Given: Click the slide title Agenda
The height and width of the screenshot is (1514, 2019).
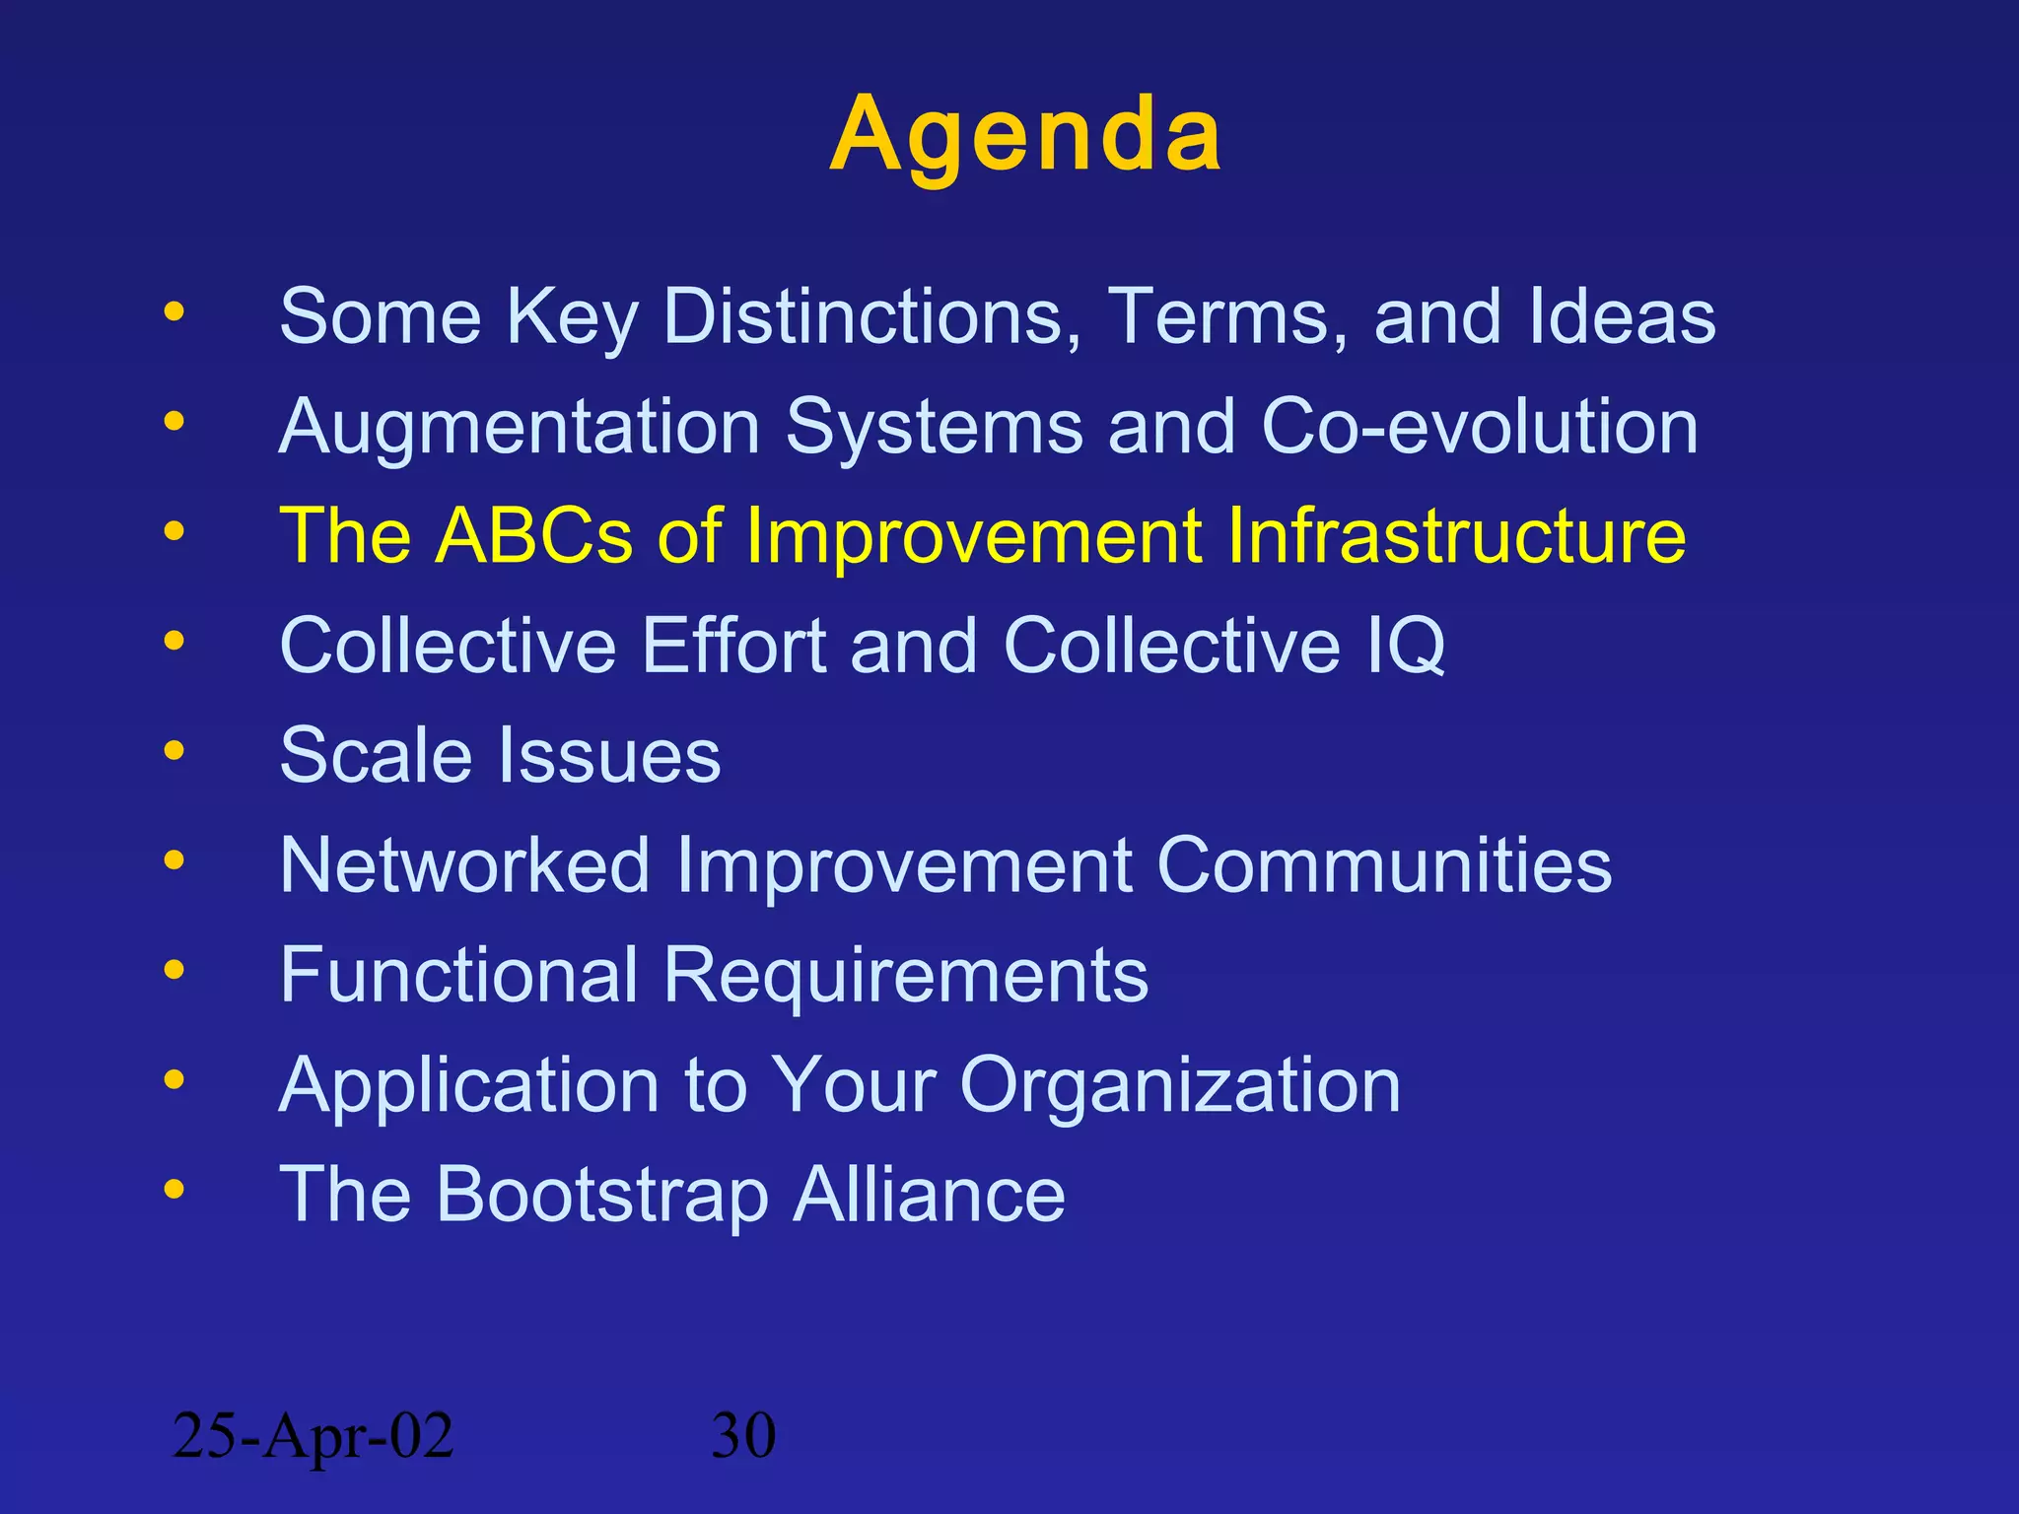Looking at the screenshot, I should point(1025,135).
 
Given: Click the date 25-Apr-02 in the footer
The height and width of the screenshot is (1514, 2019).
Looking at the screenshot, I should point(313,1435).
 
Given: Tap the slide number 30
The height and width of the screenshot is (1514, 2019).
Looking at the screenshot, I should point(743,1435).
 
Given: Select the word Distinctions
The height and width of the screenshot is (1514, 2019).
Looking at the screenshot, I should point(871,316).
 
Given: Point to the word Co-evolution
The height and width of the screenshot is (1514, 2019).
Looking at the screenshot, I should point(1479,427).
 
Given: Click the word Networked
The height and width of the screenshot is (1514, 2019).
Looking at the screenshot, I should point(464,865).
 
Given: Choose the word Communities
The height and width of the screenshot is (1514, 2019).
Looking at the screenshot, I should point(1383,865).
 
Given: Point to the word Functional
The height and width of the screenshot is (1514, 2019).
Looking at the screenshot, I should point(458,975).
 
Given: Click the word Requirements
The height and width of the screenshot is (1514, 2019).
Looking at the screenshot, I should point(905,975).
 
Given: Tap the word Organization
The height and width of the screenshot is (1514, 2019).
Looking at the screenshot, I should point(1179,1085).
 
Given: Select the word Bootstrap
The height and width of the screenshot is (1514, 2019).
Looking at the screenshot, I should point(601,1195).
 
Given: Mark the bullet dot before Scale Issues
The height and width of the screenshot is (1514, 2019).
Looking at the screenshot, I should point(174,751).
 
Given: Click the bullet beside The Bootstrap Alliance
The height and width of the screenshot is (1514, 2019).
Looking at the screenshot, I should point(174,1190).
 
